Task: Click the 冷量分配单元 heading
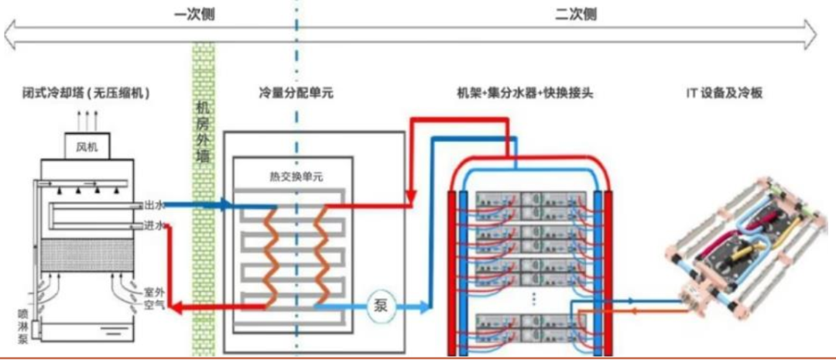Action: click(x=295, y=93)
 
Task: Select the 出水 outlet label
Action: click(x=153, y=206)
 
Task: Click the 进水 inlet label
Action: click(x=153, y=226)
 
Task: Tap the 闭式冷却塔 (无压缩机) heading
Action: click(x=86, y=93)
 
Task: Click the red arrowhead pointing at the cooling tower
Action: click(x=176, y=307)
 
